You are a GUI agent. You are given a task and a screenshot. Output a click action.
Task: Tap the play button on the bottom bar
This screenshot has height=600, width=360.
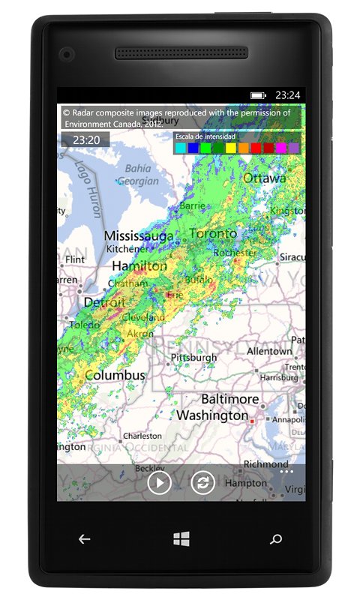pos(159,482)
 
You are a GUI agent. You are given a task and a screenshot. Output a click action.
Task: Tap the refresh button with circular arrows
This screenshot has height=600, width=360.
pos(202,482)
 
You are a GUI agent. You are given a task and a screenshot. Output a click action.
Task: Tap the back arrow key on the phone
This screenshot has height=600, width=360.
pos(85,538)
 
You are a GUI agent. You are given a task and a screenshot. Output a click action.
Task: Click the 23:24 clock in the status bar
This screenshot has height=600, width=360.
pos(287,95)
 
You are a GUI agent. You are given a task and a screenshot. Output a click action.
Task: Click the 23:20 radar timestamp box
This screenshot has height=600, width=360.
pos(86,139)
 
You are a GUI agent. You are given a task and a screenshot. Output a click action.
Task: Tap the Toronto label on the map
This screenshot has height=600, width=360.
pos(213,234)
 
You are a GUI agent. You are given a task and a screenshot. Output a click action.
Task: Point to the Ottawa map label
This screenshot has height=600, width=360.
pos(264,178)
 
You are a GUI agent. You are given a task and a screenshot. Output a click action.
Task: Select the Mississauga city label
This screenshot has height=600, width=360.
pos(139,235)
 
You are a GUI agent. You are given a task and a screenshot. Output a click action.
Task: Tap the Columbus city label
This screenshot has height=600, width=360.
pos(115,374)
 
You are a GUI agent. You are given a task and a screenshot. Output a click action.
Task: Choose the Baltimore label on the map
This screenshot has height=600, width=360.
pos(229,399)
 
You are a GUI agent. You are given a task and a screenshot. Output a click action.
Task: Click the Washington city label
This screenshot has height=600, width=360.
pos(212,415)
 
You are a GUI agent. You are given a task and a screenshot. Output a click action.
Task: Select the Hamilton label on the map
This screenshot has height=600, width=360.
pos(139,266)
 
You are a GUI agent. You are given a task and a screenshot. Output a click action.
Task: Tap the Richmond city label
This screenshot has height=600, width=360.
pos(266,463)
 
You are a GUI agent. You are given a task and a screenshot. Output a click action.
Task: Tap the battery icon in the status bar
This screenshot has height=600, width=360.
pos(258,95)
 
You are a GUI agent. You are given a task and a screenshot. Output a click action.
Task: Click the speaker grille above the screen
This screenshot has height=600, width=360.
pos(181,53)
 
